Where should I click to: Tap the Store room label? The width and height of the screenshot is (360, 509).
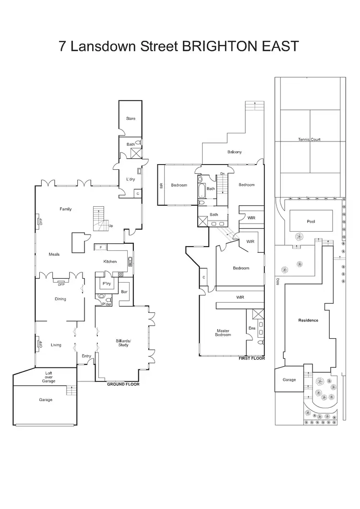click(131, 118)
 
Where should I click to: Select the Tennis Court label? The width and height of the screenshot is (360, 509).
click(309, 140)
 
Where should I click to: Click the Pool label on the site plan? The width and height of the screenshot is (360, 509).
click(311, 222)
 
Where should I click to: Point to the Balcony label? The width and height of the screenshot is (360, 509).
click(234, 152)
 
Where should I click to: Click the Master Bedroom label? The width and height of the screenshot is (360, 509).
click(223, 332)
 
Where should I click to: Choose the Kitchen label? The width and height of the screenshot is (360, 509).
click(110, 261)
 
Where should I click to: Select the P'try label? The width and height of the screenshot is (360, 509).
click(107, 284)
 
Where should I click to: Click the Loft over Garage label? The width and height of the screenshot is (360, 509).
click(48, 377)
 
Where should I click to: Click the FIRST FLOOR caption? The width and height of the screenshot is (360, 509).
click(252, 358)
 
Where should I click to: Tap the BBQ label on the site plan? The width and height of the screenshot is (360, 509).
click(277, 282)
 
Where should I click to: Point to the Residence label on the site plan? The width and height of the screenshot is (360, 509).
click(308, 320)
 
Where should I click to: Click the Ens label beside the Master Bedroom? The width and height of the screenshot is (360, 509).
click(252, 328)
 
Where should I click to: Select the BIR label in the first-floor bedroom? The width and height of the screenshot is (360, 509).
click(162, 185)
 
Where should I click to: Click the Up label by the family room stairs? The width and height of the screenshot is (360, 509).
click(111, 226)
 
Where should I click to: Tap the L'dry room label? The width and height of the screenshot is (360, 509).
click(130, 179)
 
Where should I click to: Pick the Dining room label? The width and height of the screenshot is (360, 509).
click(60, 299)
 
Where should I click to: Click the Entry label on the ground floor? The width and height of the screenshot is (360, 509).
click(86, 356)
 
